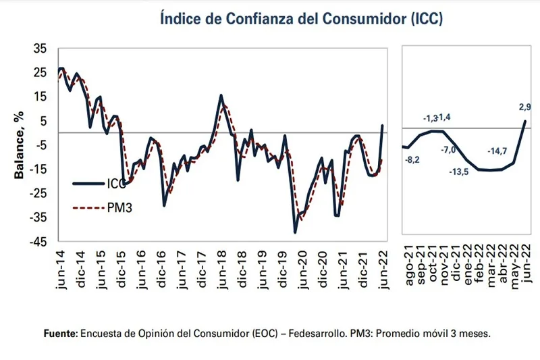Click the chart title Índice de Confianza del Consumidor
pos(301,18)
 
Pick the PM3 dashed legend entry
pos(101,207)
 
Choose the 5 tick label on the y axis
pos(44,121)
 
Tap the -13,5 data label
pos(458,171)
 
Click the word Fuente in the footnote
pos(61,334)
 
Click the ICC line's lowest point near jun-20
pos(296,232)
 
